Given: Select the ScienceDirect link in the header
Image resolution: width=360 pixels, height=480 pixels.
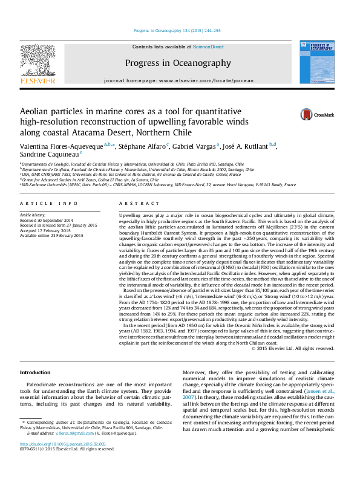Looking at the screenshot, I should [x=208, y=47].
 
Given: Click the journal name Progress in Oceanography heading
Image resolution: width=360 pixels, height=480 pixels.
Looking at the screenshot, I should [x=178, y=63].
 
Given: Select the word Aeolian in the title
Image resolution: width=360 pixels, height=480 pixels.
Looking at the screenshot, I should [x=38, y=111].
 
